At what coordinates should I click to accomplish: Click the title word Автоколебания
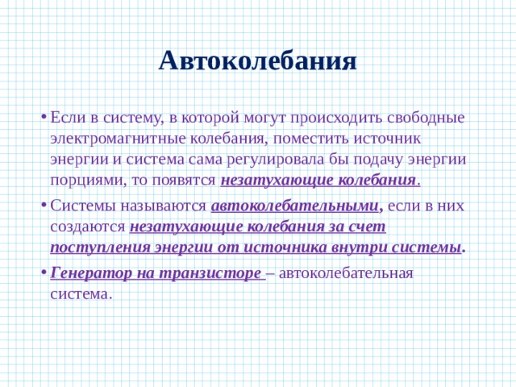pyautogui.click(x=258, y=61)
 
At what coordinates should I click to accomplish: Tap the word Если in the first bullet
pyautogui.click(x=67, y=118)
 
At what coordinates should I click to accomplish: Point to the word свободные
pyautogui.click(x=426, y=118)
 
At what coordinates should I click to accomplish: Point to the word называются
pyautogui.click(x=163, y=206)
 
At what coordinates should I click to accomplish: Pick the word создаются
pyautogui.click(x=88, y=227)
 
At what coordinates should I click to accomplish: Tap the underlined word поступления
pyautogui.click(x=100, y=248)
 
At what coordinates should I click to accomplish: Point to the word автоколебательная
pyautogui.click(x=346, y=273)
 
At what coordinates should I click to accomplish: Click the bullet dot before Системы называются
pyautogui.click(x=44, y=206)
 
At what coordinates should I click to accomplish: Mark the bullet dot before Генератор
pyautogui.click(x=44, y=273)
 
